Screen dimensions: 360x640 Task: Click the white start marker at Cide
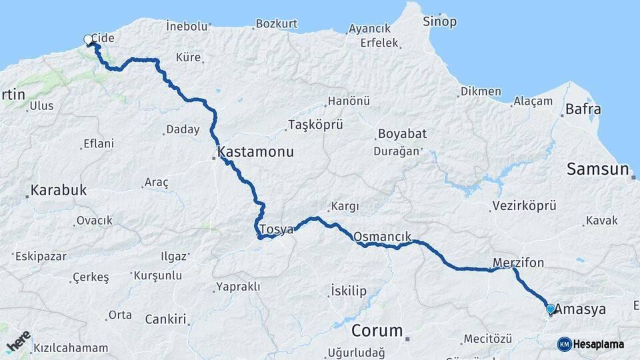[88, 40]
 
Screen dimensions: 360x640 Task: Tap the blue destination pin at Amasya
[550, 309]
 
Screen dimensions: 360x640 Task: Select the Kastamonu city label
[255, 152]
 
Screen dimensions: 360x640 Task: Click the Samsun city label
[598, 169]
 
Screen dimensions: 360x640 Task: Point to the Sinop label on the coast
[440, 22]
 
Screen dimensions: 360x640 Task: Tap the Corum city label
[377, 331]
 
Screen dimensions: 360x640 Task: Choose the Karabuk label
[59, 191]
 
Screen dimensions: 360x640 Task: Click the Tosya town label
[276, 229]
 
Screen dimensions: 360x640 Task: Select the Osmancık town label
[382, 236]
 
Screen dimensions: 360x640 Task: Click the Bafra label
[583, 109]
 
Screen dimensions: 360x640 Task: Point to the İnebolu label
[187, 27]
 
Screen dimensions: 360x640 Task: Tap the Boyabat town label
[402, 134]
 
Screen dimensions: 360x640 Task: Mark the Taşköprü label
[315, 125]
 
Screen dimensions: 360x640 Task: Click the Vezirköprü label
[524, 206]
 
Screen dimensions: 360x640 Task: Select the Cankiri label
[165, 319]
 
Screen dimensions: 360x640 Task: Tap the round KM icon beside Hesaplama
[565, 344]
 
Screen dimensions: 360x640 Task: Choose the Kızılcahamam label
[71, 348]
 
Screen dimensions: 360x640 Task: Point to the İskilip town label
[349, 291]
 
